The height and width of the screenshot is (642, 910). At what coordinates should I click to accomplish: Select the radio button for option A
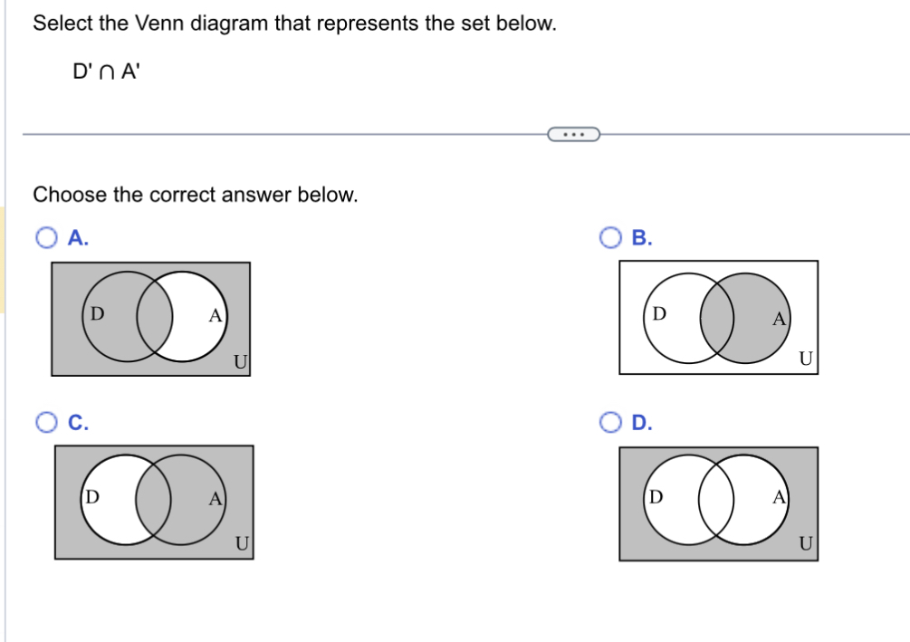click(47, 238)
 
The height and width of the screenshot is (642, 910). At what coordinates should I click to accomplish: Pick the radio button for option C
click(47, 421)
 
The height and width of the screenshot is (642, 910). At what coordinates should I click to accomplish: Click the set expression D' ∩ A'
click(106, 70)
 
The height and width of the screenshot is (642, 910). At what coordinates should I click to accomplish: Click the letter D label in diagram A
click(98, 313)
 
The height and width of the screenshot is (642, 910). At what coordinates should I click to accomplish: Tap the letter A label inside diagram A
click(215, 315)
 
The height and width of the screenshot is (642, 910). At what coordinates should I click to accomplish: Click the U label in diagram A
click(239, 362)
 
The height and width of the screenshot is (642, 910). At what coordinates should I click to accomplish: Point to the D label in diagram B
click(660, 313)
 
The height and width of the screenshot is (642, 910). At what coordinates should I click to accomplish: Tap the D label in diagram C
click(92, 496)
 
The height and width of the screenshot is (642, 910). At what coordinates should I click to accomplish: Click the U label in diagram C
click(242, 543)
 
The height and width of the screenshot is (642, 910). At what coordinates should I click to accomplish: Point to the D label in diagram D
click(656, 496)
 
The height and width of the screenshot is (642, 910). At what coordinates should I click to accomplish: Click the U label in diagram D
click(806, 543)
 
